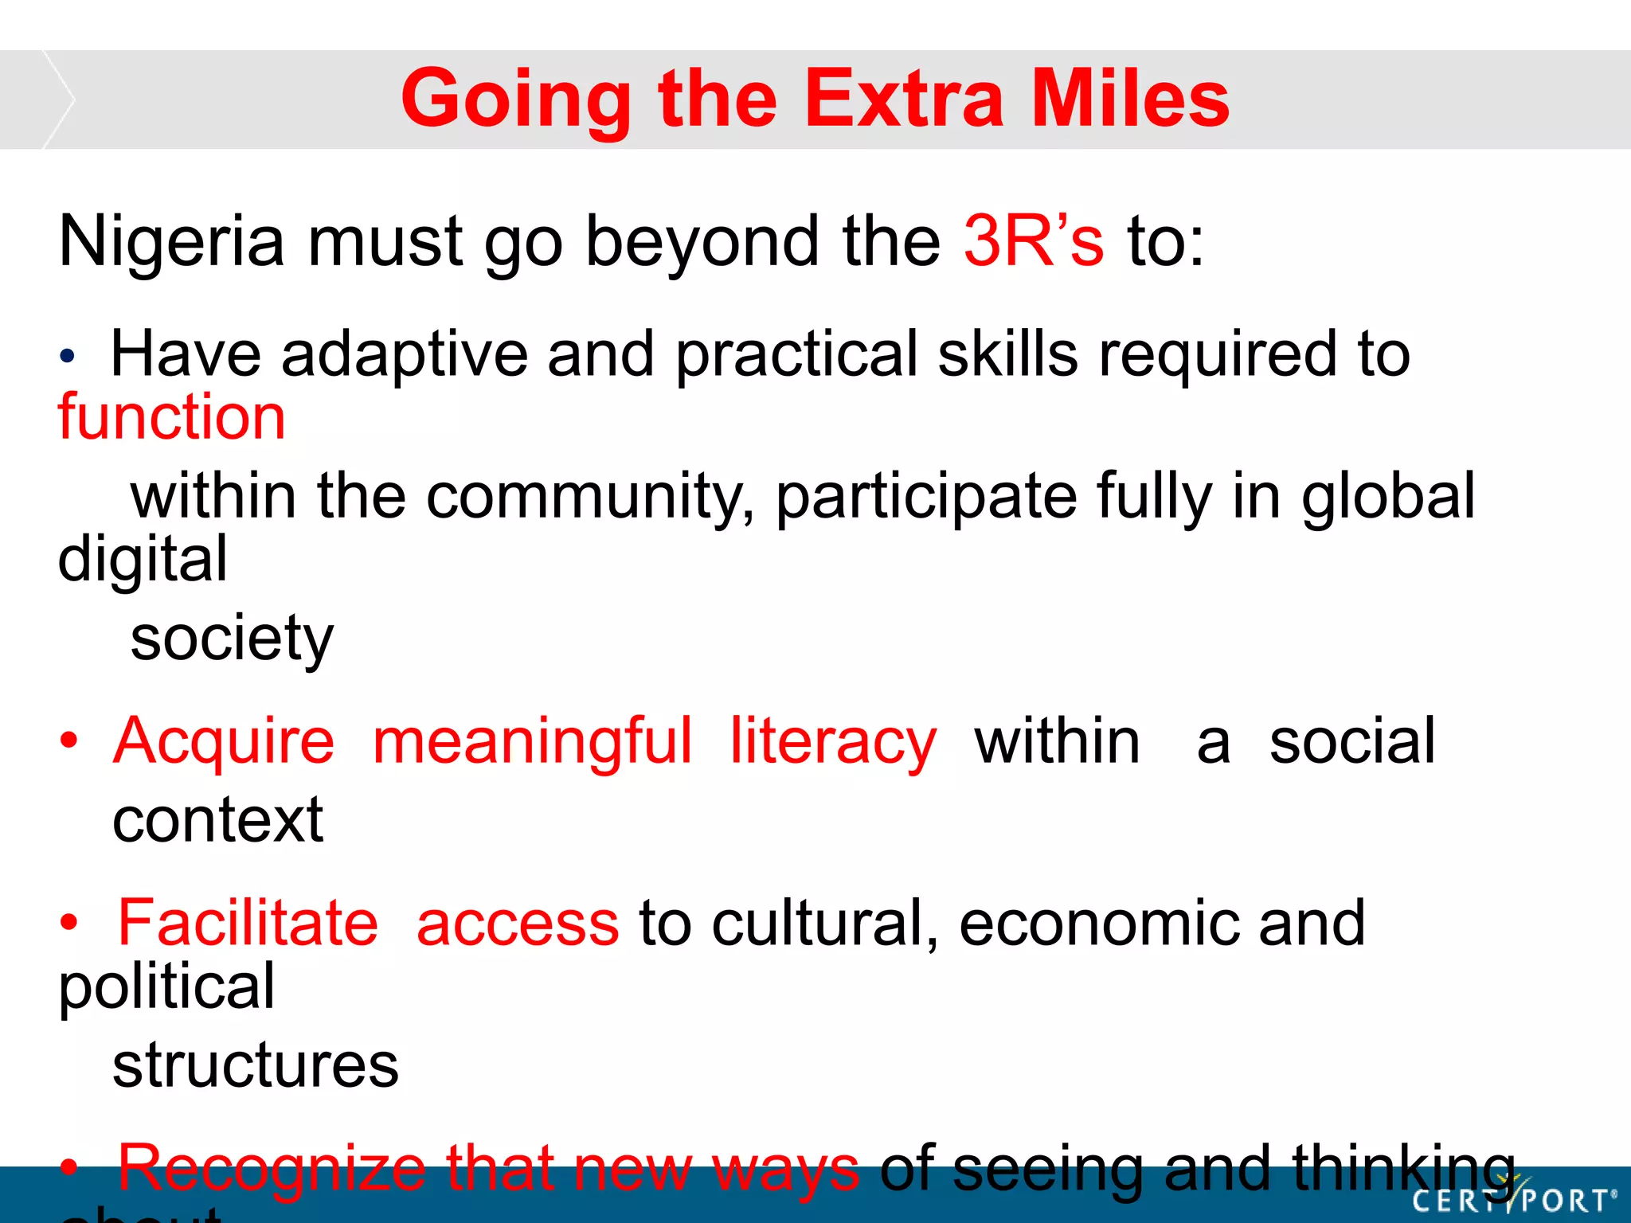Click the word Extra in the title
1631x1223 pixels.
coord(905,99)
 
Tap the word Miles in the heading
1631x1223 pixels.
coord(1130,99)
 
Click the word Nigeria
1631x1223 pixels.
coord(171,242)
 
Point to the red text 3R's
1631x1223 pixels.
coord(1033,240)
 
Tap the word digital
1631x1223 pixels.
coord(143,560)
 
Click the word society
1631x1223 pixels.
coord(232,639)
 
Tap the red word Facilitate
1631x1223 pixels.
coord(248,923)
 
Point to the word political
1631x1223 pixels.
coord(166,988)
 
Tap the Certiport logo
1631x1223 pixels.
coord(1513,1198)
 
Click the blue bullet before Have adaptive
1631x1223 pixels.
coord(68,356)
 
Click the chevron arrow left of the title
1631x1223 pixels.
coord(57,100)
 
